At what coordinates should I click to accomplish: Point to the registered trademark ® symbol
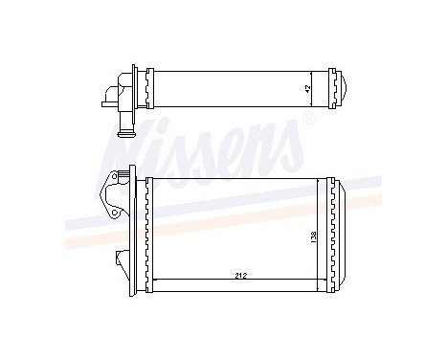[307, 120]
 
